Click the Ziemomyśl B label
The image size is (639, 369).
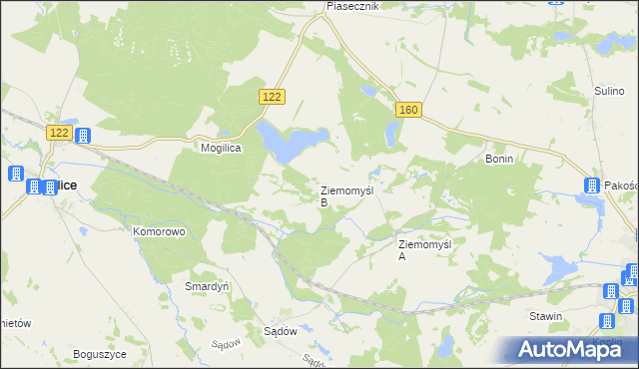pos(345,195)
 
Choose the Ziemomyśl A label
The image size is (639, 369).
pos(425,249)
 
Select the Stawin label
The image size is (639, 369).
pos(546,316)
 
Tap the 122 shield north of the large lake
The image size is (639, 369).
pos(273,96)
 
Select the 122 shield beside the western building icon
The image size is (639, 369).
pos(59,133)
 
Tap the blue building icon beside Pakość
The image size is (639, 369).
pos(592,185)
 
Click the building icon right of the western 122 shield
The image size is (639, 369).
pos(83,136)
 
